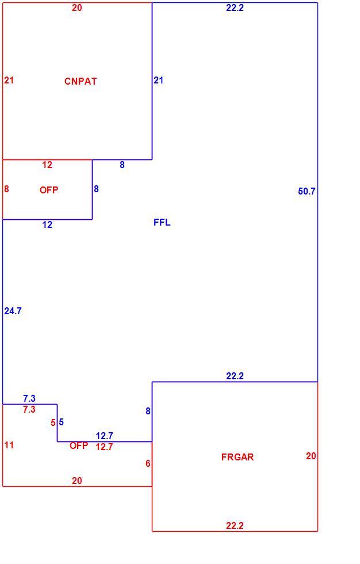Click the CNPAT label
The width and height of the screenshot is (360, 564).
click(81, 81)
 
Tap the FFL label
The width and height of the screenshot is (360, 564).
click(162, 222)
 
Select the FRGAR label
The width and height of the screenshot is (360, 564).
click(238, 457)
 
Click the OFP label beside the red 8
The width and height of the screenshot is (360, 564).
click(49, 190)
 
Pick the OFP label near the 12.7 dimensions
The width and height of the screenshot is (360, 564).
click(79, 445)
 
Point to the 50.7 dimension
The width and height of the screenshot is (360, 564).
click(307, 191)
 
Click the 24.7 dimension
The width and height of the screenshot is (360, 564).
click(13, 311)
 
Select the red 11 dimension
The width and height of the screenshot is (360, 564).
click(9, 445)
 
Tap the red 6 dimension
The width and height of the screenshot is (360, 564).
click(148, 464)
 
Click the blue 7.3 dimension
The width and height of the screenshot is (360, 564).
click(29, 398)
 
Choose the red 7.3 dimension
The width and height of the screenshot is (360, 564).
click(29, 409)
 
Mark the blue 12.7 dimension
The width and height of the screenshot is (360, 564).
click(104, 436)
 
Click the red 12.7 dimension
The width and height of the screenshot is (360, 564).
click(104, 447)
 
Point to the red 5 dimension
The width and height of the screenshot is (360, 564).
click(53, 422)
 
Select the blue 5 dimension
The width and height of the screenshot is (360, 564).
click(61, 422)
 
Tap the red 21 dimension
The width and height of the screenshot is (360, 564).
click(9, 80)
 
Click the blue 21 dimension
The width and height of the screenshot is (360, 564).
click(159, 80)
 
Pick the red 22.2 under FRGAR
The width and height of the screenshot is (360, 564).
click(235, 525)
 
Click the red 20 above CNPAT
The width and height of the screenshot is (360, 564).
click(77, 8)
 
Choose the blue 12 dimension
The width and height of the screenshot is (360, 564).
click(47, 225)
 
